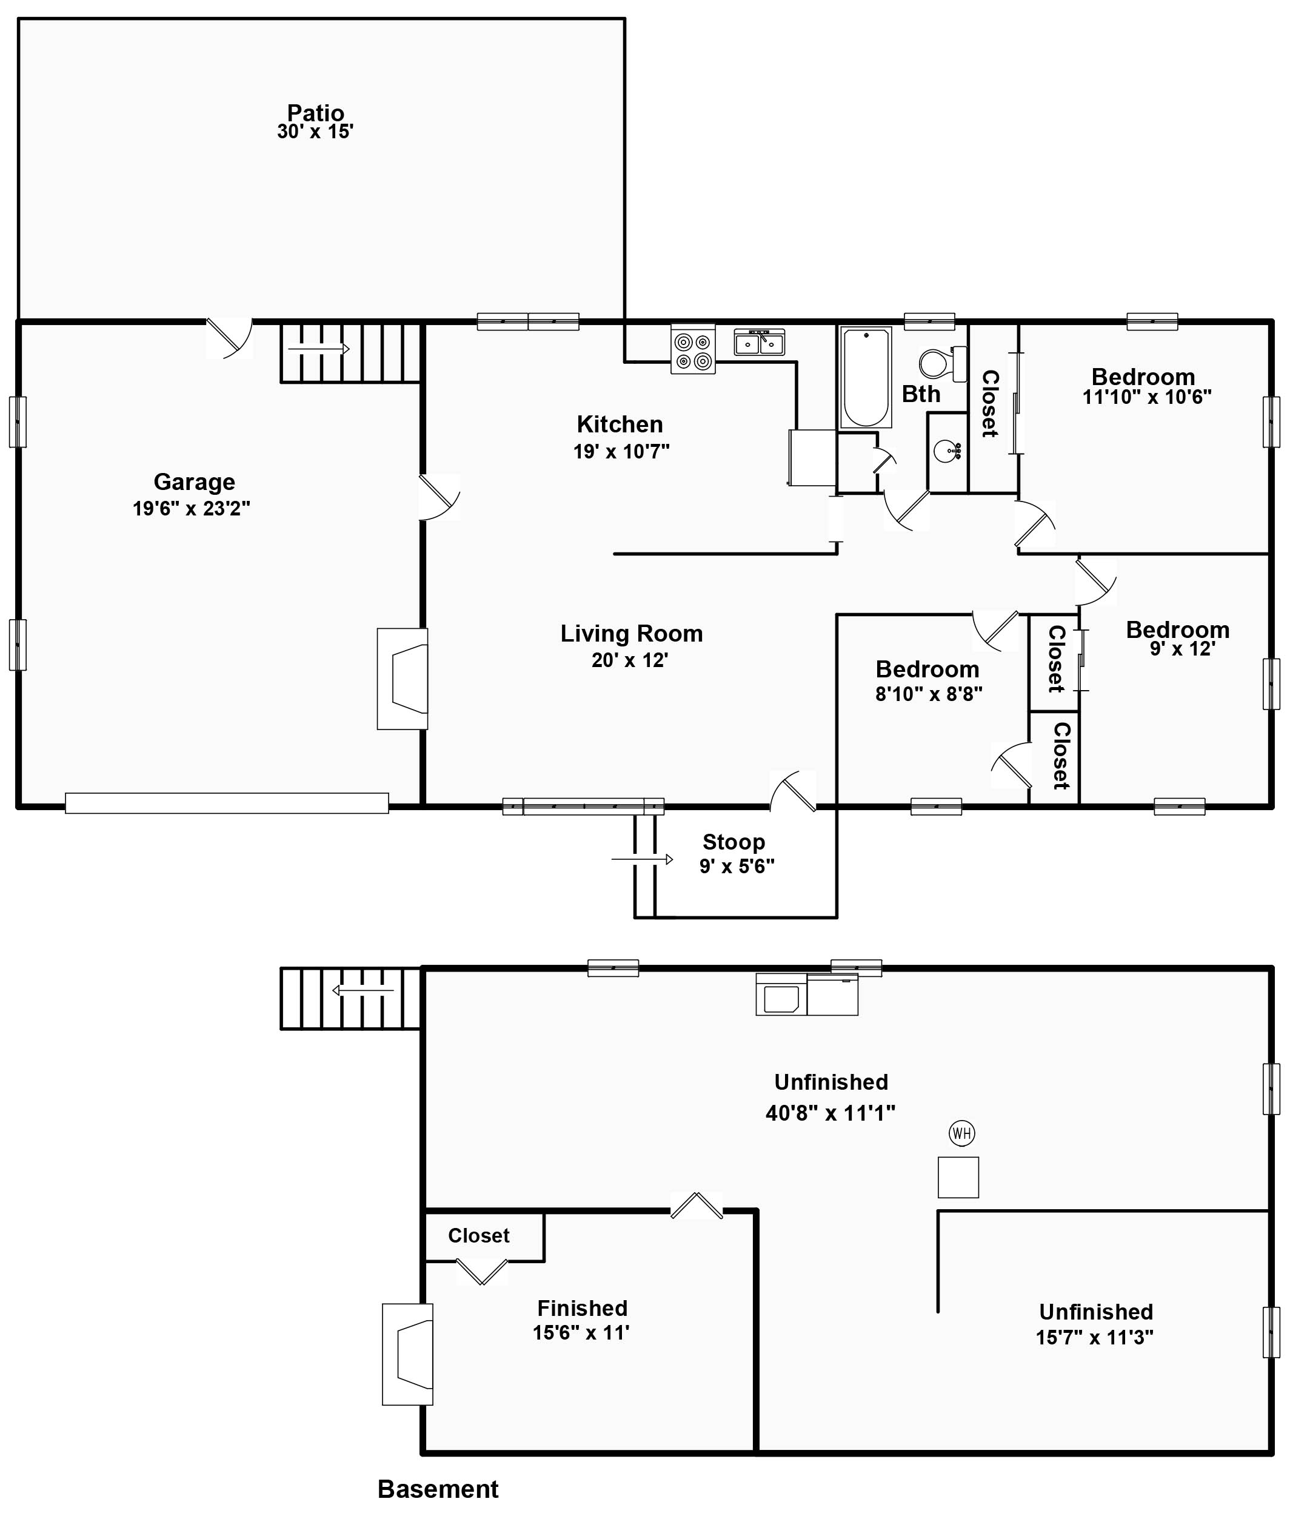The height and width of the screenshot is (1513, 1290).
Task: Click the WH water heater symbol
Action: [x=961, y=1133]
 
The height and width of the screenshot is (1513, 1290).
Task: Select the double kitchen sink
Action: [x=758, y=343]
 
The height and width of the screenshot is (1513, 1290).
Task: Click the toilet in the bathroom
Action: [x=943, y=363]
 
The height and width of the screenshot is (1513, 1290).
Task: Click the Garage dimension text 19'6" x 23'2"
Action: [x=192, y=508]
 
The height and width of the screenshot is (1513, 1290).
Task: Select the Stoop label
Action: [x=733, y=842]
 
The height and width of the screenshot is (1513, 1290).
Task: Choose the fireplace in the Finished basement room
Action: [x=408, y=1355]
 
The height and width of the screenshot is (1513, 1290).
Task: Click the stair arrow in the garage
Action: [x=319, y=349]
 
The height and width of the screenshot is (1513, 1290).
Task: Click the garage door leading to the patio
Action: [x=229, y=337]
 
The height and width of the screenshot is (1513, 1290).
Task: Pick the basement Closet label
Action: [x=478, y=1235]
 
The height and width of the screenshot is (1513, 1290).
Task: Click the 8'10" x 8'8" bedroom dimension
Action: [x=929, y=694]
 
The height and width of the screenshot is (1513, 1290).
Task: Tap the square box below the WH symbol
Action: [x=957, y=1177]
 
